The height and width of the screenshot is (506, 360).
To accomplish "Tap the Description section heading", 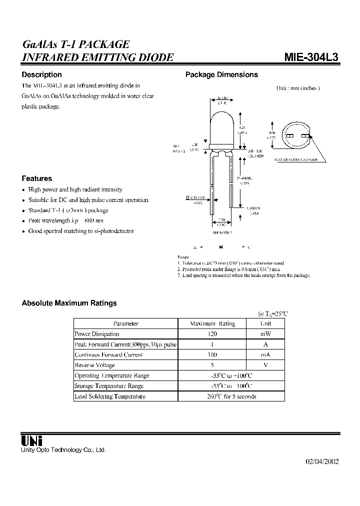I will click(x=41, y=74).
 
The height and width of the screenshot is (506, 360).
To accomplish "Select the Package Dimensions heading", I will click(x=221, y=74).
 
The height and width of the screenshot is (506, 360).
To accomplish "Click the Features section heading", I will click(x=36, y=178).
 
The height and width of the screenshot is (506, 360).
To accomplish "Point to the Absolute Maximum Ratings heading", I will click(x=69, y=303).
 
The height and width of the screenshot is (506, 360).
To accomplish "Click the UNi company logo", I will click(x=32, y=440).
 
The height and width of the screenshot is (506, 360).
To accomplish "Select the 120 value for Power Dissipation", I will click(x=212, y=334).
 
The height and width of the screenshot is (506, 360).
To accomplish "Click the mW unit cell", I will click(x=265, y=334).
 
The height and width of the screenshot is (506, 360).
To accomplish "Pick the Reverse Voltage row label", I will click(x=94, y=365).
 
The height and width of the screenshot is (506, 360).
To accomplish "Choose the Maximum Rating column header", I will click(x=212, y=323).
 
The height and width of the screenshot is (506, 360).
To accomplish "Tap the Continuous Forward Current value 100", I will click(x=212, y=354).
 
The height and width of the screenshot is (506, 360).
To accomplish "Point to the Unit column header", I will click(x=265, y=323).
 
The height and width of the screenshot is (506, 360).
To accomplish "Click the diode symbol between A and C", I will click(x=221, y=247).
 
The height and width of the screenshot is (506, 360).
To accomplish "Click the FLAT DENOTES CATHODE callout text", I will click(x=295, y=159).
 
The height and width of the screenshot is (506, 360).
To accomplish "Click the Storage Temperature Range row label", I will click(x=109, y=386).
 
